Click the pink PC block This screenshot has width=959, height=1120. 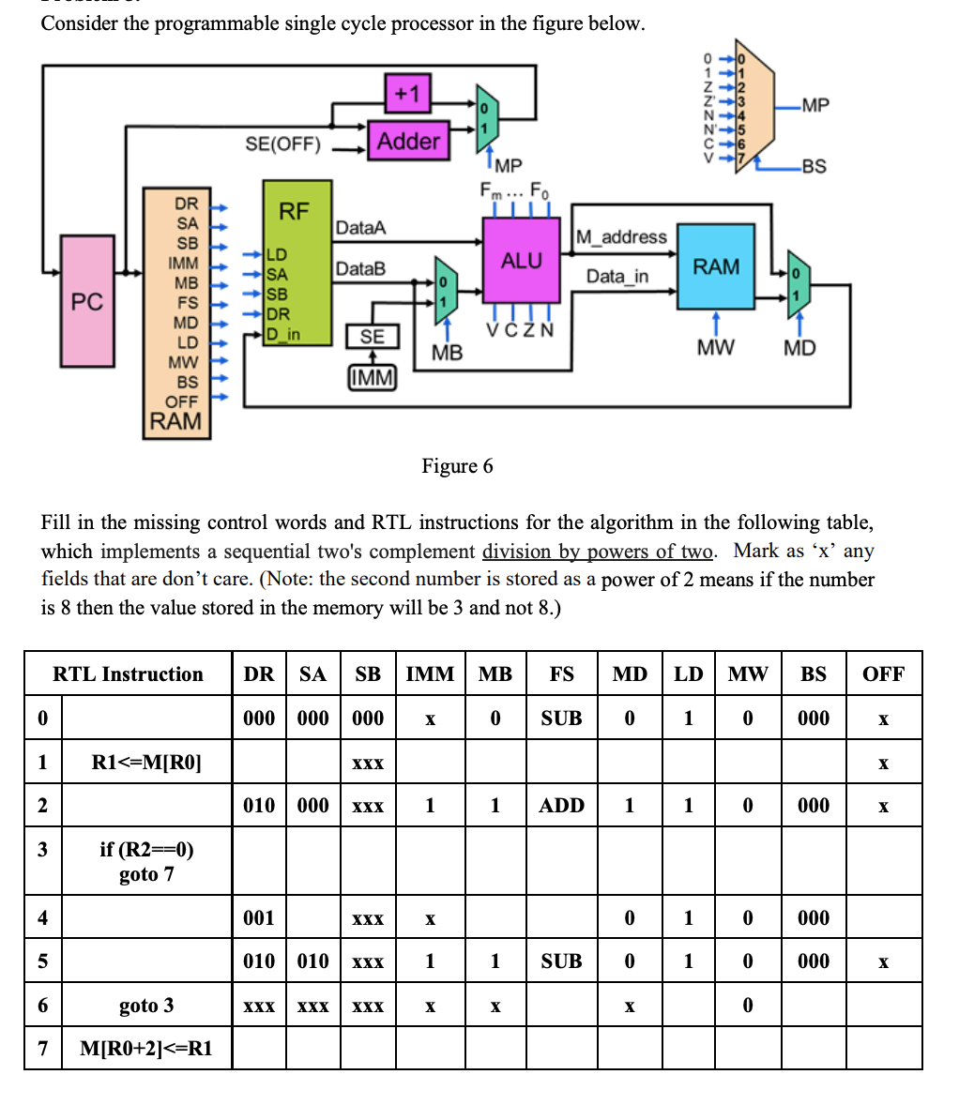point(87,301)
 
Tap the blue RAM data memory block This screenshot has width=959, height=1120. point(716,266)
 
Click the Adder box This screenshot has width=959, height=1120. point(408,142)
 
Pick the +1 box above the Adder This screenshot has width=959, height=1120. point(408,93)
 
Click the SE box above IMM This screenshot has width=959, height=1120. point(373,337)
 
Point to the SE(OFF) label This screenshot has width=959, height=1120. point(282,144)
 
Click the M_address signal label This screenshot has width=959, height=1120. point(620,237)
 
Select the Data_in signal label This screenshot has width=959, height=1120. point(616,276)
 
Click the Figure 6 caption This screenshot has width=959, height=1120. point(457,466)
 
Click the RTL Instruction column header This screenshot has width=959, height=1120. point(128,674)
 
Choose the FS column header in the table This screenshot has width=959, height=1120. point(561,674)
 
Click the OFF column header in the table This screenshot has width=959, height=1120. point(883,674)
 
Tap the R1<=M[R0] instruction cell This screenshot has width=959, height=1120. point(146,762)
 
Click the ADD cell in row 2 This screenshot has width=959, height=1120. point(561,805)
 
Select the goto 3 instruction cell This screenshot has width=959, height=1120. point(146,1006)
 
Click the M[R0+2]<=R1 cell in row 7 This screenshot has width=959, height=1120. point(146,1049)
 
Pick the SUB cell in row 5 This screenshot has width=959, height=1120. point(561,961)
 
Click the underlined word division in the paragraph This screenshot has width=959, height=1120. point(513,551)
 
